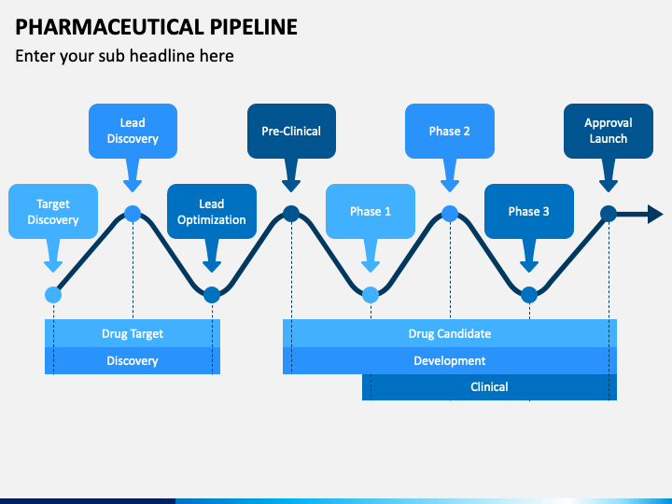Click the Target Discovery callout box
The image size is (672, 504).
point(53,211)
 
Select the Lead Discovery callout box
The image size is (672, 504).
point(133,131)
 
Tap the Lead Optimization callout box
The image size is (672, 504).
point(212,211)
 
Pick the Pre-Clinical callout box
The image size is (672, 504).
point(291,131)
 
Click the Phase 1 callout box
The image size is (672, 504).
point(371,211)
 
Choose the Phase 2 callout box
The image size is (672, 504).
point(450,131)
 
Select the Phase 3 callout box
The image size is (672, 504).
point(529,211)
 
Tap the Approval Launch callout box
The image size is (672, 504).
point(609,131)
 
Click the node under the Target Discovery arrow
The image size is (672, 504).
point(53,295)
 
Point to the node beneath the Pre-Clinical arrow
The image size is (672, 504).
point(291,214)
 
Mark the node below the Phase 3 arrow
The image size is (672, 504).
point(529,295)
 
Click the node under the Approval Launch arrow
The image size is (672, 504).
point(609,214)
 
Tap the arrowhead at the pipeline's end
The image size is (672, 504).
point(656,214)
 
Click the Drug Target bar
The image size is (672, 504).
point(133,333)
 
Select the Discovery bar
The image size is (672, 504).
point(133,360)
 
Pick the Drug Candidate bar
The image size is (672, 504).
point(450,333)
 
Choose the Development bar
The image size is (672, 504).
point(450,360)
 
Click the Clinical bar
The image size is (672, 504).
point(489,387)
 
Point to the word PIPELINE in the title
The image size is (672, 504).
point(253,27)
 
